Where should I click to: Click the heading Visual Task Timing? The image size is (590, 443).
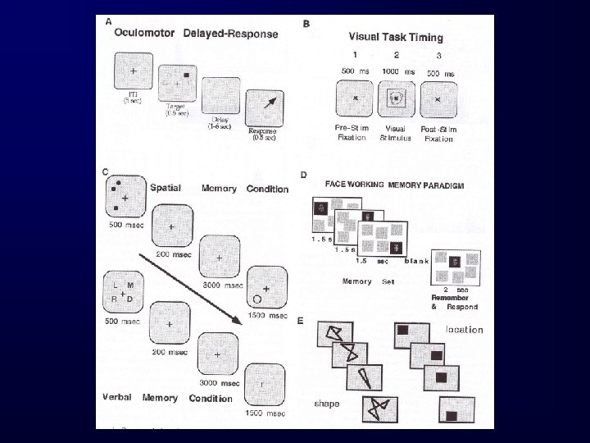[x=396, y=37]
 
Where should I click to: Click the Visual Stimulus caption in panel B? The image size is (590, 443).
[x=397, y=133]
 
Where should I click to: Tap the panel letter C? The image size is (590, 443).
[x=107, y=171]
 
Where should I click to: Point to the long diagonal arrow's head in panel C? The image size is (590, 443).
[x=238, y=320]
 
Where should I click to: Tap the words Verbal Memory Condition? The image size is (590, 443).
[x=167, y=398]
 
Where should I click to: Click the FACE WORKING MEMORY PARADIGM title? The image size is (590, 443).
[x=395, y=186]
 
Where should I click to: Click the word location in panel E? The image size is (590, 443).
[x=464, y=330]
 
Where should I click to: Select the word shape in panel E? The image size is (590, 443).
[x=327, y=404]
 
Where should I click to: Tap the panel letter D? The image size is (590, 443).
[x=304, y=175]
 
